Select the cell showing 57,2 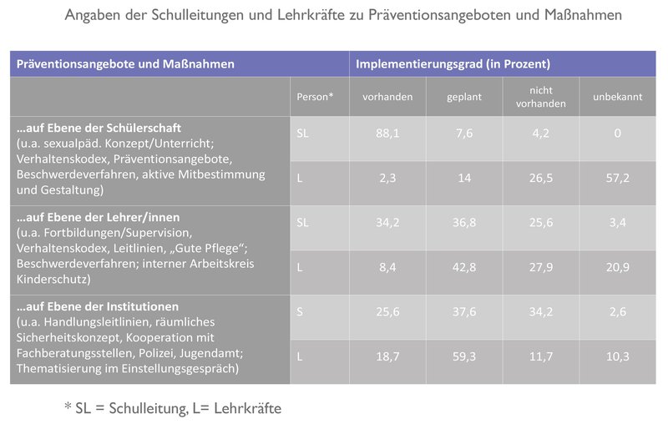click(617, 178)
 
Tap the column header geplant click(463, 97)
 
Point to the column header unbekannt click(617, 97)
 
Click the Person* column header click(315, 97)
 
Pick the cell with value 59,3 click(463, 356)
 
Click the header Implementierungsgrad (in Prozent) click(453, 63)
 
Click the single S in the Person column click(301, 311)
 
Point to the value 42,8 click(463, 267)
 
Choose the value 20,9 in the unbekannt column click(617, 267)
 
